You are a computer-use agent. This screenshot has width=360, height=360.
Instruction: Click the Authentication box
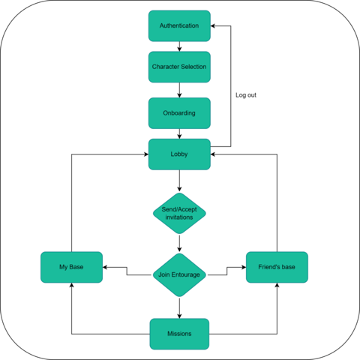179,25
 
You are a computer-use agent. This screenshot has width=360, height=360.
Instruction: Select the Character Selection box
179,67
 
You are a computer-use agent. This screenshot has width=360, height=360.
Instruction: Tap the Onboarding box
179,113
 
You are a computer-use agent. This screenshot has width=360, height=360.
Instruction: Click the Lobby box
179,154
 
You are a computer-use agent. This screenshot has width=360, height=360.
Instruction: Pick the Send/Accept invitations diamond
179,213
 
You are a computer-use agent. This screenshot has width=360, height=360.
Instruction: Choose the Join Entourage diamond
179,275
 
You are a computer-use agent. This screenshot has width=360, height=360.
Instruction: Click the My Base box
71,267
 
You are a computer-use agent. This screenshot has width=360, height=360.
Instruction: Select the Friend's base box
277,267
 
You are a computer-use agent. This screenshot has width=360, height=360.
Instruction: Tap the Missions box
179,334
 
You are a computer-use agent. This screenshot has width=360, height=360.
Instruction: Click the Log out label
246,95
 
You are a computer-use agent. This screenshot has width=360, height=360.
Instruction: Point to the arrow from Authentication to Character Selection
179,46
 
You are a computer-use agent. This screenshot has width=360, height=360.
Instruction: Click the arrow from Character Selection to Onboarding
179,90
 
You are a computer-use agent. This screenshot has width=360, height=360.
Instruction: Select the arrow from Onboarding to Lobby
179,133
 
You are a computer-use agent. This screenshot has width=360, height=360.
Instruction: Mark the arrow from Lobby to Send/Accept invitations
179,181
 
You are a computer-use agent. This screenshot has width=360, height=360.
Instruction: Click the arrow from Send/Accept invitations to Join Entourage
179,243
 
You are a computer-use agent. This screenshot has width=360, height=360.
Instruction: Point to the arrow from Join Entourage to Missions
179,308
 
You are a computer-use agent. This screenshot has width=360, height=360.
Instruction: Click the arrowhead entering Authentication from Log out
213,25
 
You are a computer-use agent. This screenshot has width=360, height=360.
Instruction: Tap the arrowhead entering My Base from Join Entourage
105,267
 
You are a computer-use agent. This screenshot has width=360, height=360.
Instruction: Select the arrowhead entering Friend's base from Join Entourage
244,267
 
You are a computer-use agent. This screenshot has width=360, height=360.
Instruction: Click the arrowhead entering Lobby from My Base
146,154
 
